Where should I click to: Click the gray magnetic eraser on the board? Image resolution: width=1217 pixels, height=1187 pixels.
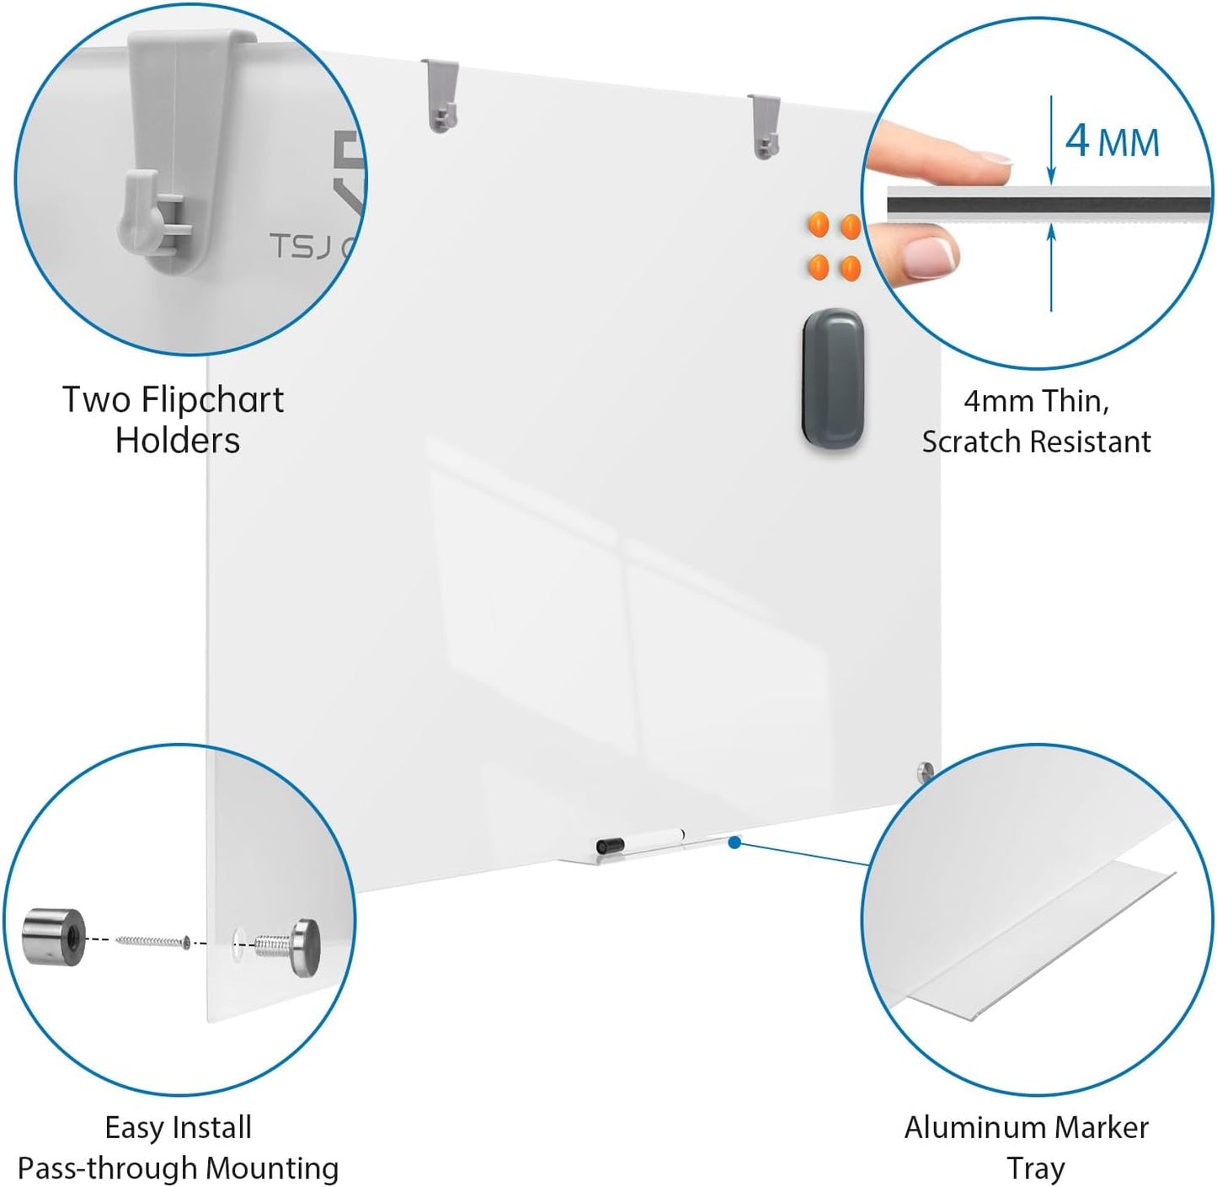[832, 381]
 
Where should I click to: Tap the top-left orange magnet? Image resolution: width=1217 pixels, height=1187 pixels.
[818, 225]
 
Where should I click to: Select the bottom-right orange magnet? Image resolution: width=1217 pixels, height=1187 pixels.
[850, 269]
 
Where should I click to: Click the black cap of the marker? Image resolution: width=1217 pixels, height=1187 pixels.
[610, 844]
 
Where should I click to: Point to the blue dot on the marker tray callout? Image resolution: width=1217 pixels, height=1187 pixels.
[734, 842]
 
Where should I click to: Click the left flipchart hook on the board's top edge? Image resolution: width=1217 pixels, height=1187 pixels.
[441, 95]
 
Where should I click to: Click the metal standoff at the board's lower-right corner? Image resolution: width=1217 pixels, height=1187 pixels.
[926, 770]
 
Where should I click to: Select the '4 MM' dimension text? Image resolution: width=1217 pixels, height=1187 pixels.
[1112, 141]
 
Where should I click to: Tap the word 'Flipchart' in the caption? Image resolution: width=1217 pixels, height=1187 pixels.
[212, 400]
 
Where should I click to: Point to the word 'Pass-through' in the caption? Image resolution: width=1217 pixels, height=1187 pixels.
[107, 1168]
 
